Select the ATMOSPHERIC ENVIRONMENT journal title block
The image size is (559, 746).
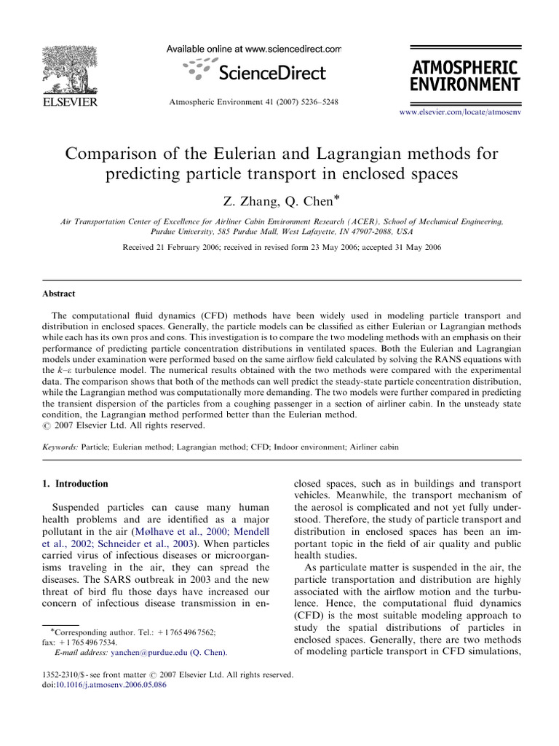(464, 76)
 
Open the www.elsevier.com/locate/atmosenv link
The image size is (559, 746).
(461, 114)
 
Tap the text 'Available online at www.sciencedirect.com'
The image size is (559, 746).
(254, 49)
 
